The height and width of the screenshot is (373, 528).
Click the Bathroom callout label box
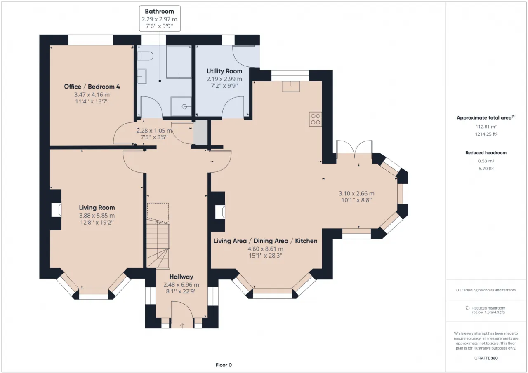[x=160, y=19]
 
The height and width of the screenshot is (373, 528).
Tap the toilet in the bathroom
[x=145, y=56]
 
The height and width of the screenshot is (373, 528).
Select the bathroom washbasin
[x=142, y=77]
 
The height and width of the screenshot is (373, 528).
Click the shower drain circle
[x=184, y=107]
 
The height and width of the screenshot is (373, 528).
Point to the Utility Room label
[x=224, y=71]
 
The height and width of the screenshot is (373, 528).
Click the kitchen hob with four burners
[x=316, y=119]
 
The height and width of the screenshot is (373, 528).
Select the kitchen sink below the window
[x=291, y=87]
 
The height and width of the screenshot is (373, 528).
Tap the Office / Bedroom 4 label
[x=92, y=87]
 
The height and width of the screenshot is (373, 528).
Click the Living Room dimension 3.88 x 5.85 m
[x=97, y=216]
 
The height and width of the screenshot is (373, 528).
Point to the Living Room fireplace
[x=57, y=210]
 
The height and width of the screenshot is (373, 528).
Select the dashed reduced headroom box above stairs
[x=158, y=213]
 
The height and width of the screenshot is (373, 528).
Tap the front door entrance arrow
[x=182, y=326]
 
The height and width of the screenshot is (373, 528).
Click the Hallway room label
[x=181, y=277]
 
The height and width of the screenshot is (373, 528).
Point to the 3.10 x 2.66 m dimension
[x=356, y=194]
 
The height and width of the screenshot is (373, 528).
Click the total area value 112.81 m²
[x=486, y=127]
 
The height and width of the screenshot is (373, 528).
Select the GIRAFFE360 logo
[x=486, y=358]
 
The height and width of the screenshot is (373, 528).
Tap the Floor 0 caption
[x=224, y=365]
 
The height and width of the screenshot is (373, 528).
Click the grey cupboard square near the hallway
[x=200, y=133]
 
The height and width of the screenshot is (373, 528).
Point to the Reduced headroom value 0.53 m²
[x=486, y=161]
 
